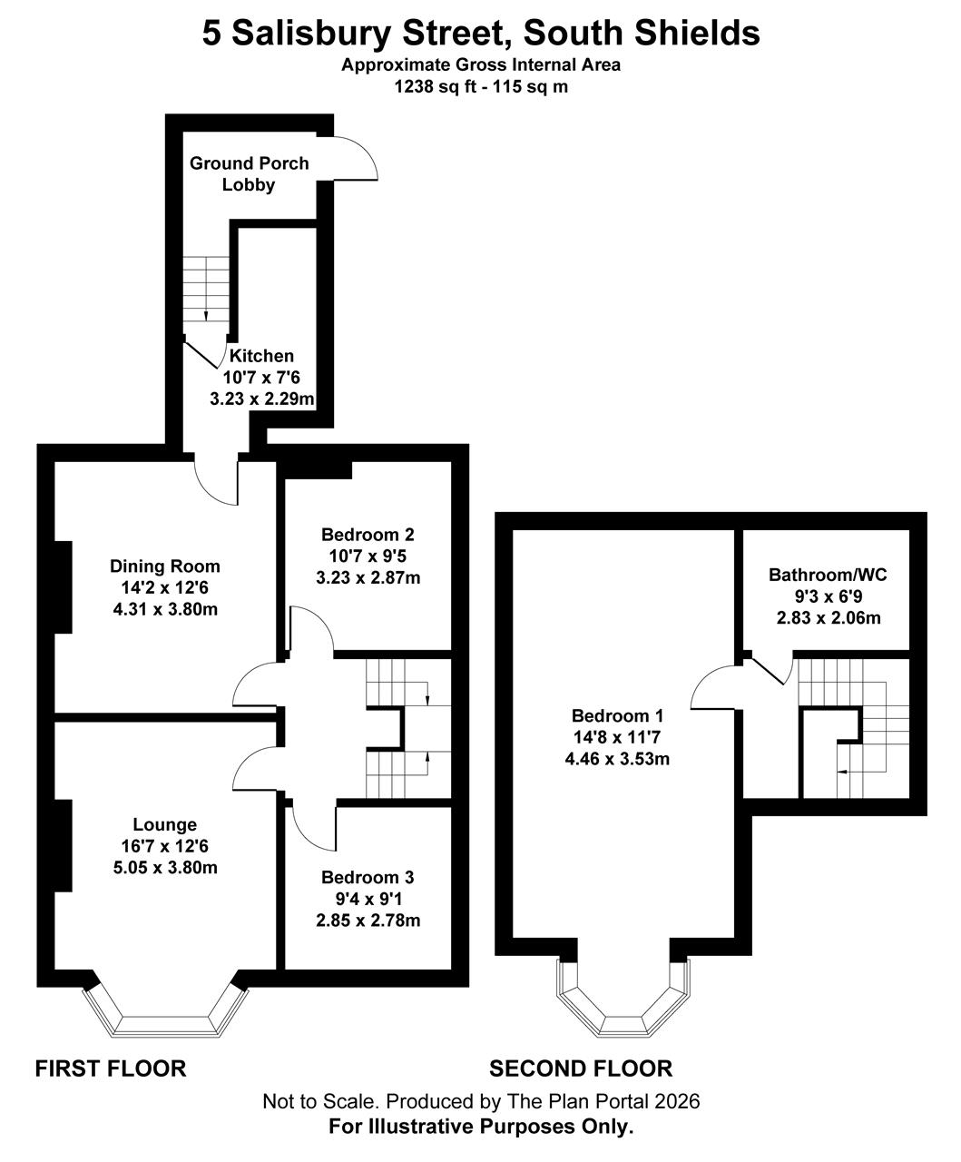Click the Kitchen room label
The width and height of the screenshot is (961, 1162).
261,356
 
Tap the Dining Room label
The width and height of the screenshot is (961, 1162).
165,566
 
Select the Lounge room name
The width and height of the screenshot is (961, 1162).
165,824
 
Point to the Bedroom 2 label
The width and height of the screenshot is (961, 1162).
368,535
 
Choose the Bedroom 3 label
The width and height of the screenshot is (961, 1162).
368,877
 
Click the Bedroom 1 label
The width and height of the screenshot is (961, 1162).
617,715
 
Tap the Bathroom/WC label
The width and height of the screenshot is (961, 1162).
828,575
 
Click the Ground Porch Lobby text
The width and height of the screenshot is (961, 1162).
249,173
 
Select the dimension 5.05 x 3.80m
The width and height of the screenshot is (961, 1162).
165,868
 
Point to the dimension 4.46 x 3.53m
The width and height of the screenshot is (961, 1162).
617,759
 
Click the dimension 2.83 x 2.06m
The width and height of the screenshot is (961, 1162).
829,617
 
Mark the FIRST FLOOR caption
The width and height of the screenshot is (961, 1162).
111,1069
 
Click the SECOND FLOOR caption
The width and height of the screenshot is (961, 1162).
581,1068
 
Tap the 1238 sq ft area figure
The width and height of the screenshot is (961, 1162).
436,87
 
